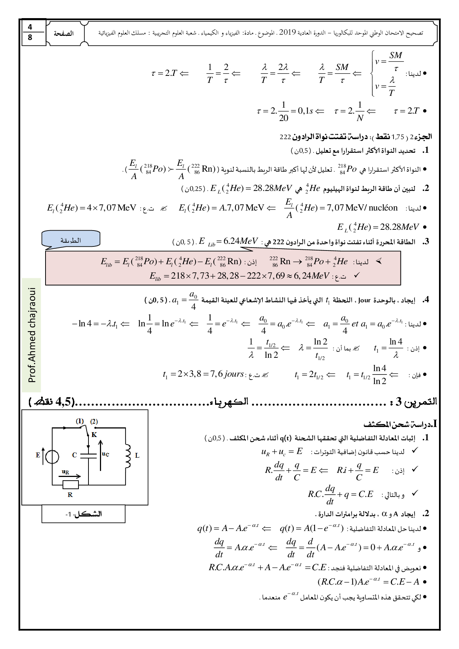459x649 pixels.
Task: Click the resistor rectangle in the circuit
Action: point(70,484)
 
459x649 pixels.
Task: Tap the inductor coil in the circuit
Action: point(128,455)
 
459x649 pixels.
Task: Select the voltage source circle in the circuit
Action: point(52,457)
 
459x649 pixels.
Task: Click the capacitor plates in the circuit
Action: point(88,454)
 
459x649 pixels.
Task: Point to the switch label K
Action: point(94,435)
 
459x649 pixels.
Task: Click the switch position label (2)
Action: point(94,421)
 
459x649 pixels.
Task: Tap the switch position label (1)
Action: point(80,421)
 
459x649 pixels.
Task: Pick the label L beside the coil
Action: point(137,455)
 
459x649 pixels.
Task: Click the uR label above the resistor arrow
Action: point(65,471)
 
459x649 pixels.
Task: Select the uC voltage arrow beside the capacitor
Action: point(101,455)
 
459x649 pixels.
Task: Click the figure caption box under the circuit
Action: point(83,514)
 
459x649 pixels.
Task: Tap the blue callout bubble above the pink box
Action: point(71,240)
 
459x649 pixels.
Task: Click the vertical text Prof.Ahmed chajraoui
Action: point(31,334)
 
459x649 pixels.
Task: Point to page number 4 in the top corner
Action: point(30,27)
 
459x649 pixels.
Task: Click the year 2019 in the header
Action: point(287,33)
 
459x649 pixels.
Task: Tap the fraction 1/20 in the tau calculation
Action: point(284,111)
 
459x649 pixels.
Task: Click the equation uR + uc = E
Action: point(282,452)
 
